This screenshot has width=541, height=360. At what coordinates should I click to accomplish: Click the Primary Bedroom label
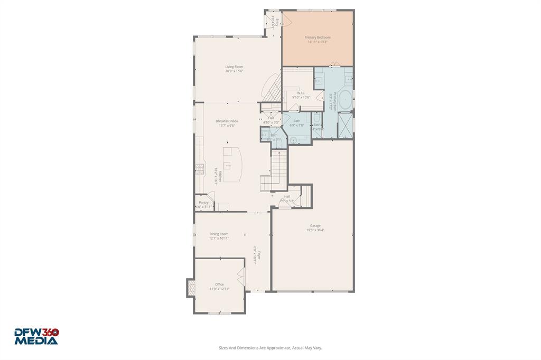[x=318, y=37]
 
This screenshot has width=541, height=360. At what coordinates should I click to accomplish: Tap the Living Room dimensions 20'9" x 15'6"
[x=234, y=71]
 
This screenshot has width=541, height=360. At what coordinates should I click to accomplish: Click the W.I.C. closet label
[x=301, y=93]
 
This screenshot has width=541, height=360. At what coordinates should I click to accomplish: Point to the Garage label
[x=315, y=225]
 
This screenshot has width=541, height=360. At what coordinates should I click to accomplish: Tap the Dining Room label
[x=219, y=234]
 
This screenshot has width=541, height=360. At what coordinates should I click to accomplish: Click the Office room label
[x=219, y=285]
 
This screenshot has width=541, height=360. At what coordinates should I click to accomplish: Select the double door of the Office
[x=241, y=276]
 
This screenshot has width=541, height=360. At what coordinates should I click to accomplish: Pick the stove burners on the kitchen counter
[x=200, y=169]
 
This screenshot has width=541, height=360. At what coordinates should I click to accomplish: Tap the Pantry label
[x=203, y=202]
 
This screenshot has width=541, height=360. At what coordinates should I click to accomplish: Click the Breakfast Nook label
[x=227, y=121]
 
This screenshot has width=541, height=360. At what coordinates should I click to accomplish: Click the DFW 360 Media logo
[x=36, y=336]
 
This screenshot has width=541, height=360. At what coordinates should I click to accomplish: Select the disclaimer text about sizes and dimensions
[x=270, y=348]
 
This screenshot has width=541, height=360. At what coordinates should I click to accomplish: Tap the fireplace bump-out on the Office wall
[x=191, y=288]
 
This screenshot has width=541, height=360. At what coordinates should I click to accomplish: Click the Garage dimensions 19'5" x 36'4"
[x=315, y=230]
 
